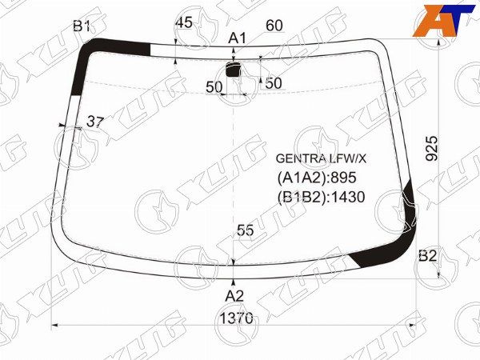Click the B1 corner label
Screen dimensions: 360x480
tap(82, 26)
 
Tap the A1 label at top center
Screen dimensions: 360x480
tap(238, 38)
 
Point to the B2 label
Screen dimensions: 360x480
tap(428, 256)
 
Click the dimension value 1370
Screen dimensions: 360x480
tap(236, 318)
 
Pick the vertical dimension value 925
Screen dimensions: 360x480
tap(432, 150)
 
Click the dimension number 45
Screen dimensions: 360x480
tap(183, 23)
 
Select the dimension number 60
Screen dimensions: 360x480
tap(274, 26)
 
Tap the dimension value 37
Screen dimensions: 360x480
tap(95, 122)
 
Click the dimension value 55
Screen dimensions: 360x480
tap(245, 230)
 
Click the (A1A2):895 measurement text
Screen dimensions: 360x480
tap(315, 178)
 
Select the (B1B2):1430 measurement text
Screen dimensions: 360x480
tap(321, 197)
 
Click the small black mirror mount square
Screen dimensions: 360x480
tap(234, 70)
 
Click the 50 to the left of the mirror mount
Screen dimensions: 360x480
tap(214, 87)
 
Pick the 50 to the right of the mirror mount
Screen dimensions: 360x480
tap(274, 82)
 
